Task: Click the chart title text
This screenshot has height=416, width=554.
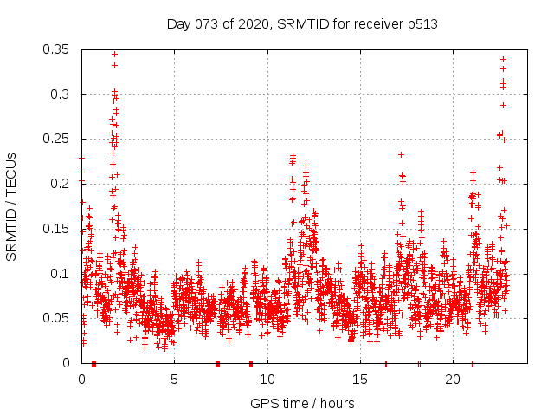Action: pos(302,24)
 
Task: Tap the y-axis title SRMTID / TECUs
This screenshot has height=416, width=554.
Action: pos(11,206)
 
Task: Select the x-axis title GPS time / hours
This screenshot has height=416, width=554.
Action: pos(302,403)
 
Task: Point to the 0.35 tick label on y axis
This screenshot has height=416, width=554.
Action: pos(57,49)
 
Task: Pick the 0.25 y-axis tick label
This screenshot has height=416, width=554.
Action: pos(57,139)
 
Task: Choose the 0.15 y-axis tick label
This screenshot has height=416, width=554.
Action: pos(57,229)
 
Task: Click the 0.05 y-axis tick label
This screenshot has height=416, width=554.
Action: pos(57,318)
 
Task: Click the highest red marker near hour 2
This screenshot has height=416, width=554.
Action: pos(114,54)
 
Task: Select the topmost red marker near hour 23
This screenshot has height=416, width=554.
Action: pos(503,59)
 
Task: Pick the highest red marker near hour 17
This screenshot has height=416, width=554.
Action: pos(401,154)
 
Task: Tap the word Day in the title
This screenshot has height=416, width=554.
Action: pos(179,24)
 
